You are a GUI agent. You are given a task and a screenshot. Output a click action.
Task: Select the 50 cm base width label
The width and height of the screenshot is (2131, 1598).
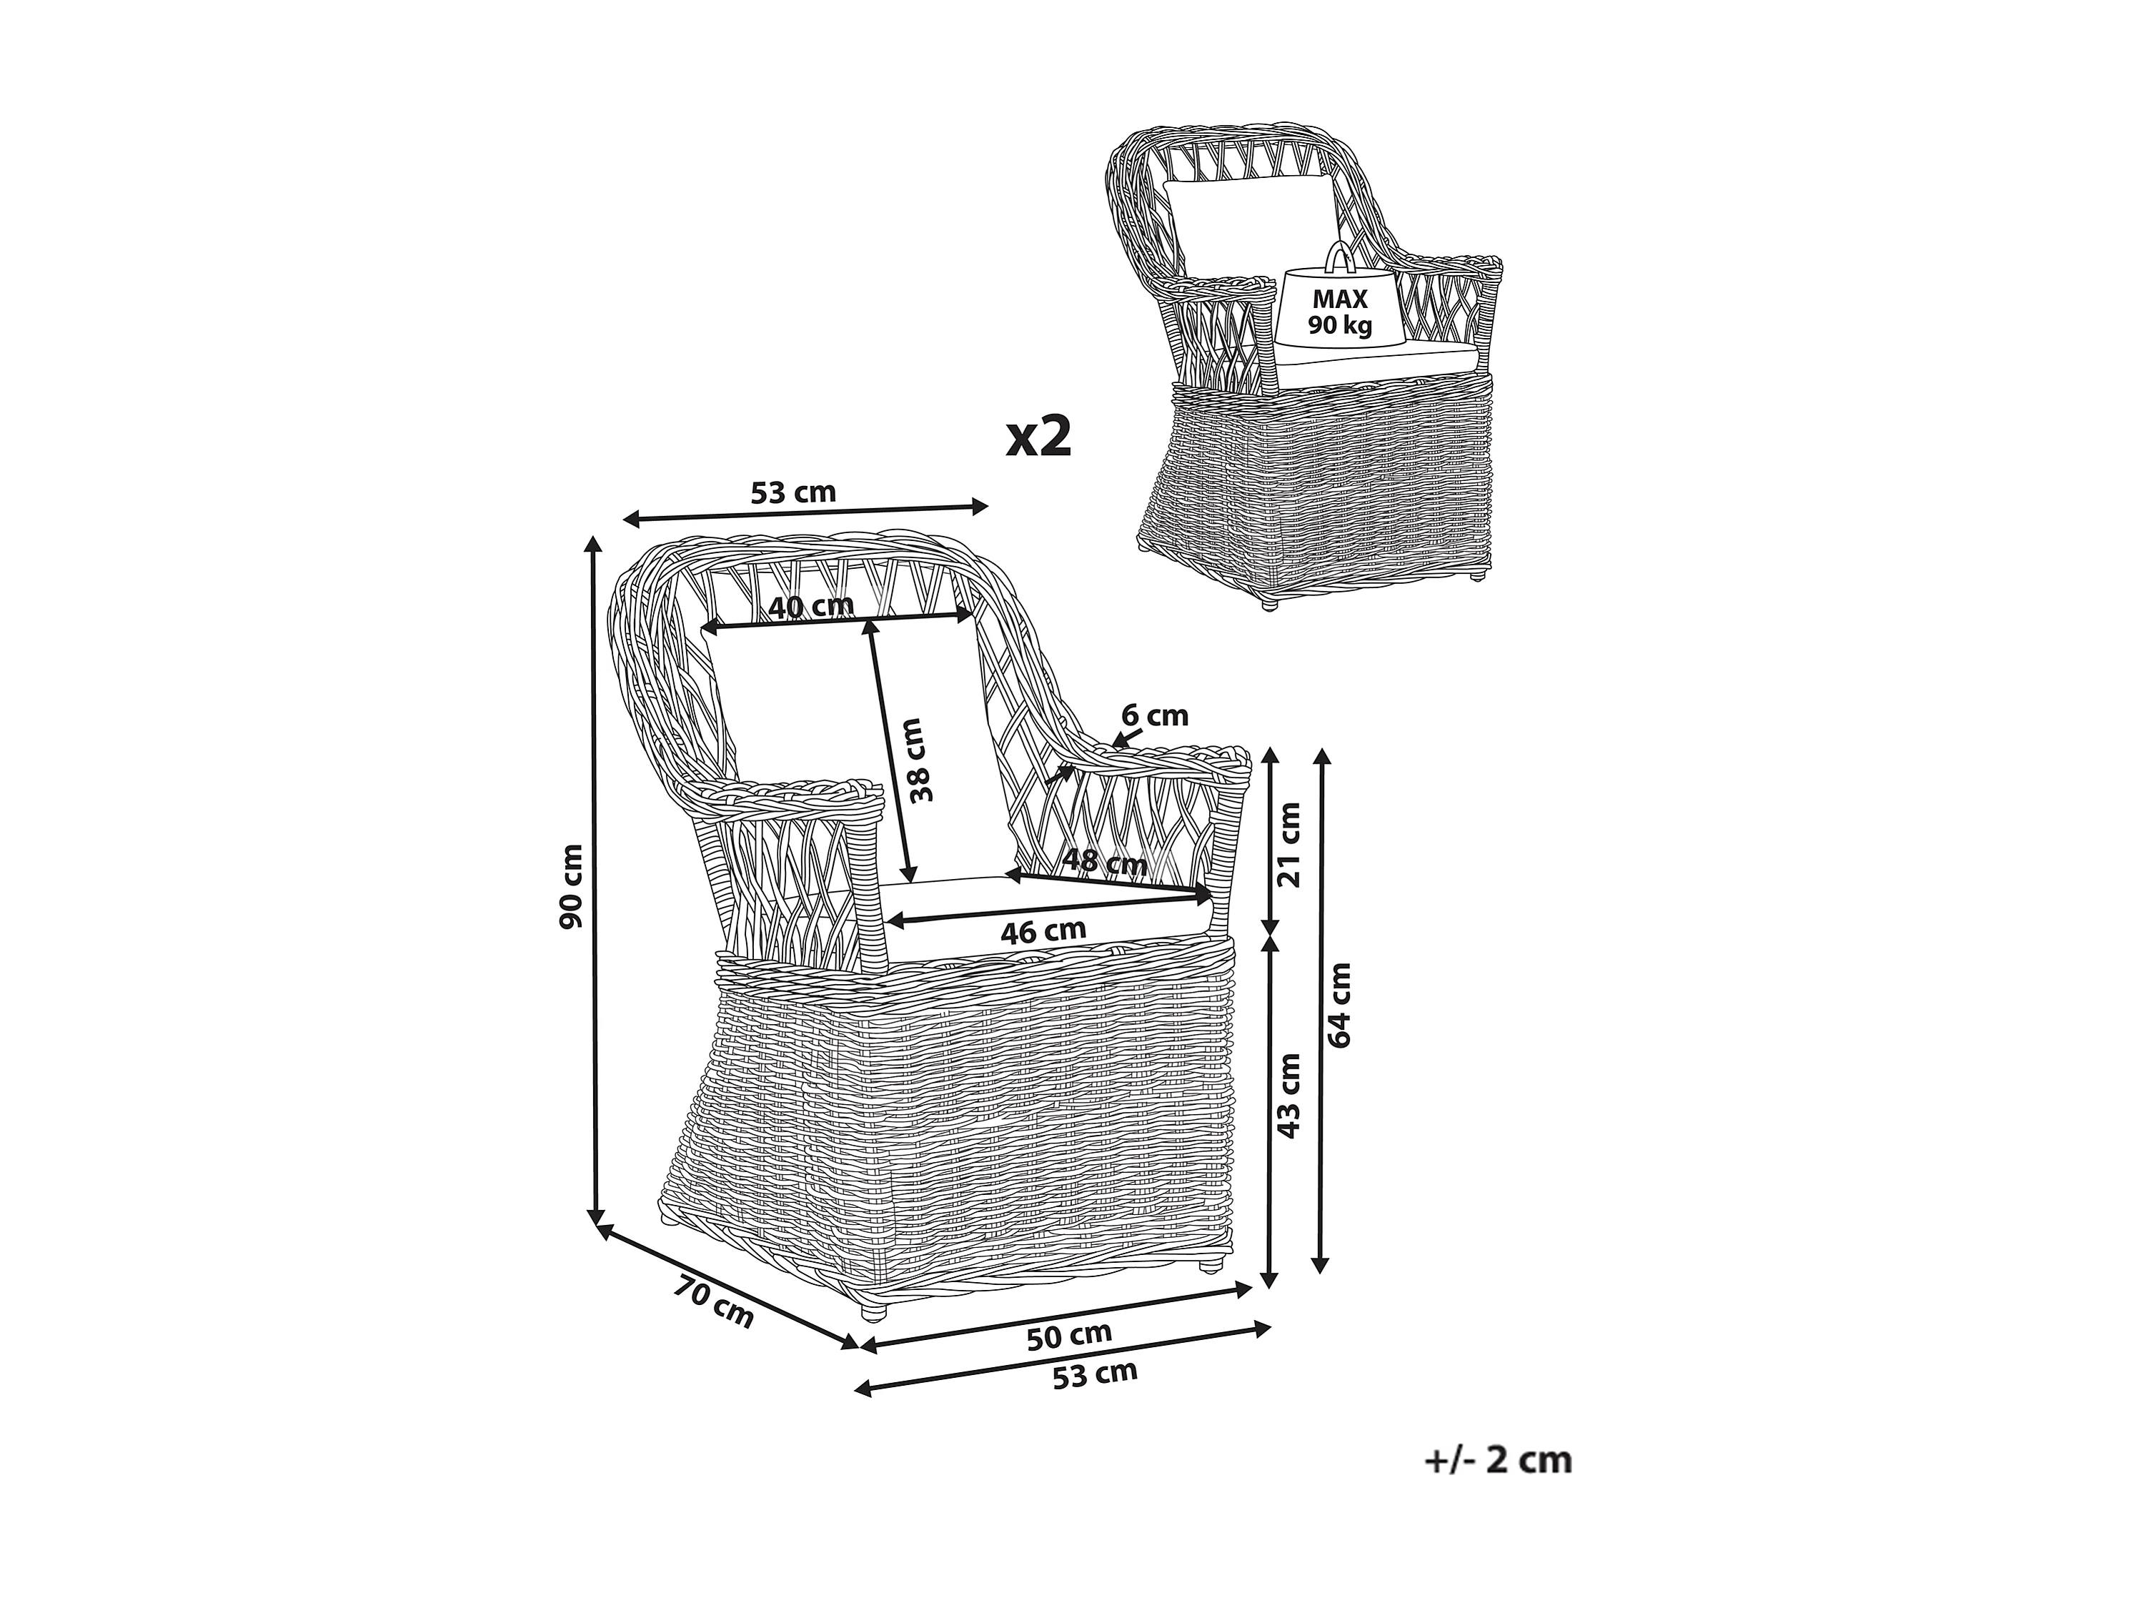[1068, 1335]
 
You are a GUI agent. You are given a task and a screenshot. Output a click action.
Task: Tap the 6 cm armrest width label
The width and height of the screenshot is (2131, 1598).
[1155, 715]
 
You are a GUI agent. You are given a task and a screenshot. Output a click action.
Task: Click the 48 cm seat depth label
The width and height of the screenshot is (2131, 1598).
[1104, 861]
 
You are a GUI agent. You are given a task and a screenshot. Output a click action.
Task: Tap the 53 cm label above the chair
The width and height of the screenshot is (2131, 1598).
[793, 492]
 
